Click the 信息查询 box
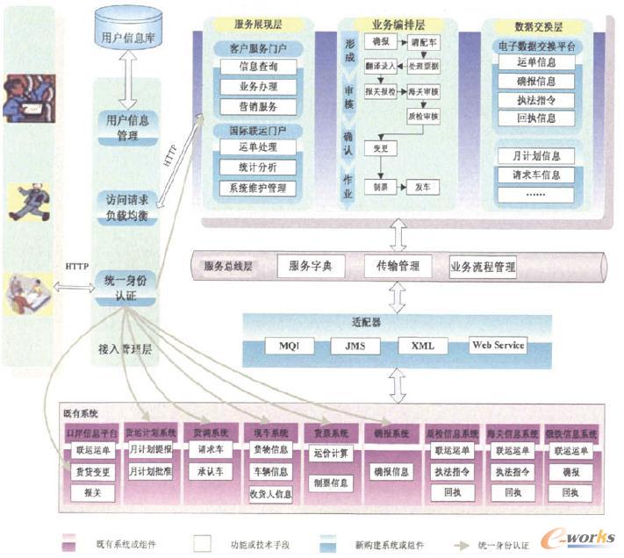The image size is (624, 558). point(258,66)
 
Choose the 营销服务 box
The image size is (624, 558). point(258,106)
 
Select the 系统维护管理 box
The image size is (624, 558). point(257,187)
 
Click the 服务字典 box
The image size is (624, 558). point(310,264)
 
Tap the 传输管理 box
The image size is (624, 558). point(398,264)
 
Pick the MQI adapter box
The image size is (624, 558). point(289,345)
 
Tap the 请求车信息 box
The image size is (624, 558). point(535,174)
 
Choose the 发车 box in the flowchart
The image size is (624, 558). point(421,187)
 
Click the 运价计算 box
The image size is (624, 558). point(331,453)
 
